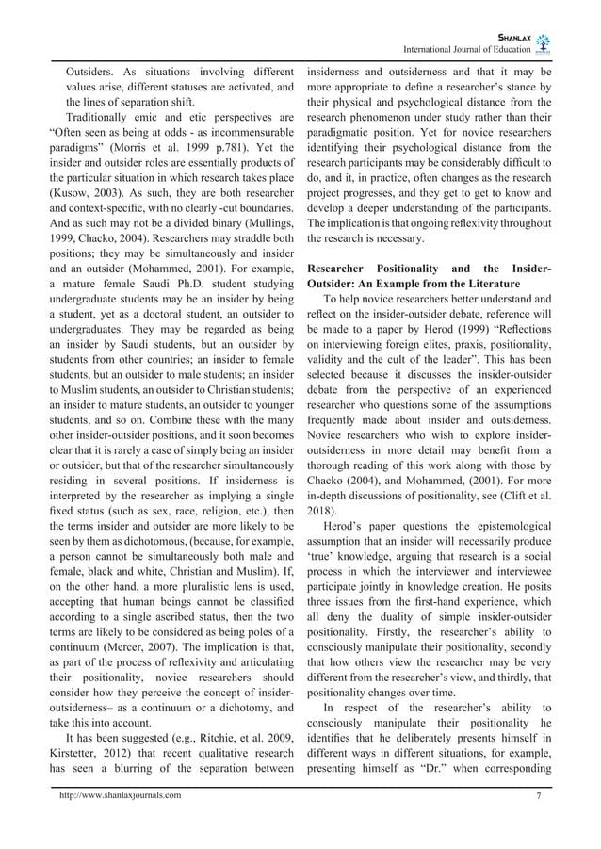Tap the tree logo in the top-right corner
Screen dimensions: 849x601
coord(546,43)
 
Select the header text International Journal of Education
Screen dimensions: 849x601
coord(465,49)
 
